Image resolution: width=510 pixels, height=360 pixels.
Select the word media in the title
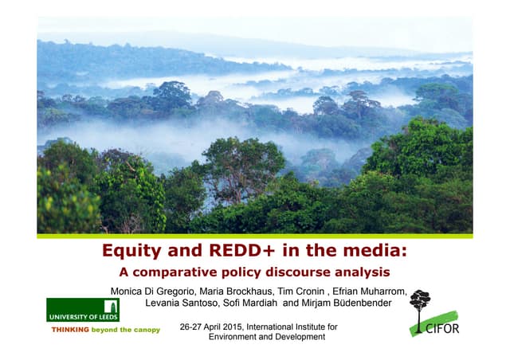point(373,252)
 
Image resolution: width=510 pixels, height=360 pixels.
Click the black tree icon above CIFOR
point(419,303)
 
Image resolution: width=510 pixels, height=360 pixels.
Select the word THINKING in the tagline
point(70,329)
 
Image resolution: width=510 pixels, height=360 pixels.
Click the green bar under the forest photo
point(255,236)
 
